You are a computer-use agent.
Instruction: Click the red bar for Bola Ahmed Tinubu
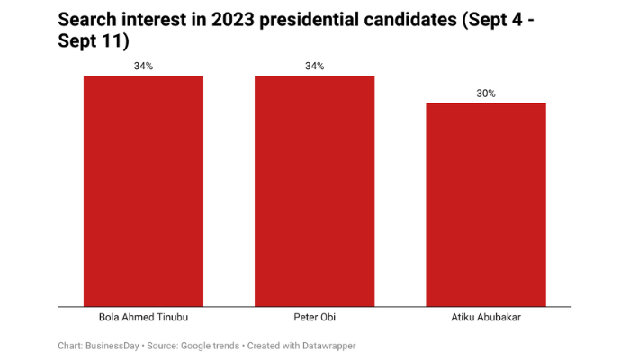[143, 191]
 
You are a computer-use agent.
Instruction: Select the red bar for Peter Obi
[314, 191]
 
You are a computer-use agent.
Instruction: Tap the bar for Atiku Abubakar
[485, 204]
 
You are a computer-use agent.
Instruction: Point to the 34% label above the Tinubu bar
[143, 67]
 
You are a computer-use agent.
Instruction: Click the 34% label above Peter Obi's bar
[314, 67]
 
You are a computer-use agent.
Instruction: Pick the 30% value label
[485, 94]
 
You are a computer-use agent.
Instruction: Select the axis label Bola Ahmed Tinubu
[143, 319]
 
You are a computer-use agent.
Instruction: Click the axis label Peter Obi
[314, 319]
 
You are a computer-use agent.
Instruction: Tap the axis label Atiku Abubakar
[485, 319]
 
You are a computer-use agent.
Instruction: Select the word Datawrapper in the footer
[330, 345]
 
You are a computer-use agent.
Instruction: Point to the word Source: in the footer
[161, 345]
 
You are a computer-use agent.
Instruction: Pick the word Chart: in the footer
[71, 345]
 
